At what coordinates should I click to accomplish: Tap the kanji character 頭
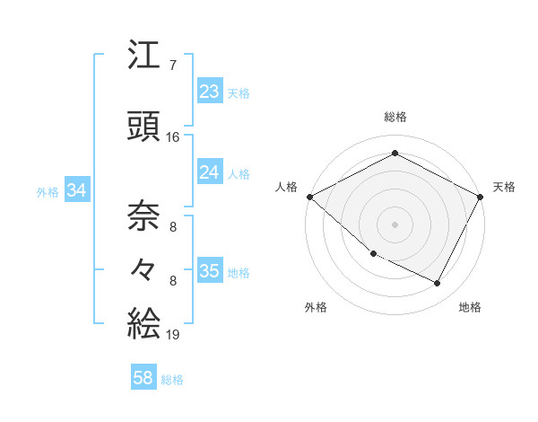(144, 127)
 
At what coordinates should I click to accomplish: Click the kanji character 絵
(144, 321)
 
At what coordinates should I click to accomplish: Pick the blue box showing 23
(210, 92)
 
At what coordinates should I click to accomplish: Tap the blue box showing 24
(210, 172)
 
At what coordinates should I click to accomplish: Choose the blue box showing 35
(210, 272)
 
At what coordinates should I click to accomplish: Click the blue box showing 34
(76, 190)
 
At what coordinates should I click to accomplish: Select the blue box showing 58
(143, 379)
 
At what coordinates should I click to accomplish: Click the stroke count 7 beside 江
(173, 65)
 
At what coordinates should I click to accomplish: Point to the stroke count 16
(173, 137)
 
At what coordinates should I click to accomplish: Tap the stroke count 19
(173, 334)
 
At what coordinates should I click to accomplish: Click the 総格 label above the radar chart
(395, 117)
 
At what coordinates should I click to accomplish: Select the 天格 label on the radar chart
(504, 187)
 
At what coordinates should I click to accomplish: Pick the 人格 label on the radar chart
(287, 187)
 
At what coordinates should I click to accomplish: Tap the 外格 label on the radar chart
(316, 307)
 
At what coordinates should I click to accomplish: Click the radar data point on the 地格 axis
(438, 284)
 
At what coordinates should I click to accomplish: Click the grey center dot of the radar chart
(395, 224)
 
